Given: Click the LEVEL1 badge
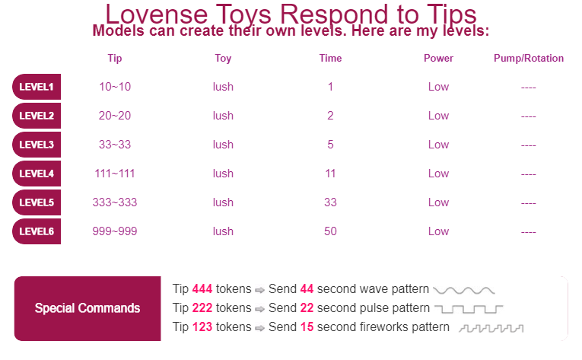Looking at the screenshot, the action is click(37, 87).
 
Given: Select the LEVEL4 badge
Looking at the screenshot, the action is click(37, 174).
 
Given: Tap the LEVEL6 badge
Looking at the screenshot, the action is click(37, 231).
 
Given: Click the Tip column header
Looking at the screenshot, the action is click(115, 59).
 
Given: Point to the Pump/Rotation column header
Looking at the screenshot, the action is click(529, 59).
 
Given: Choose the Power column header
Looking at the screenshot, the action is click(438, 59).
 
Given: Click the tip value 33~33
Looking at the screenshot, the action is click(115, 145).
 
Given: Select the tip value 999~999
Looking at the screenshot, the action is click(115, 231).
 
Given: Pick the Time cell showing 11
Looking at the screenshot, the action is click(330, 174).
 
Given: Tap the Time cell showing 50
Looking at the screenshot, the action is click(330, 231).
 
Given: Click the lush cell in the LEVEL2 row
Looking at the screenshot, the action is click(223, 116).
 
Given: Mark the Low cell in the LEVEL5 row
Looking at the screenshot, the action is click(438, 202).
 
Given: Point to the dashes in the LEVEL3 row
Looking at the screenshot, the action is click(528, 145).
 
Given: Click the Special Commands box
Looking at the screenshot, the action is click(87, 308).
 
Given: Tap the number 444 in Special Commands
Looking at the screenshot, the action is click(202, 288).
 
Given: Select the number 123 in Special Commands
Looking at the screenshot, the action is click(202, 327).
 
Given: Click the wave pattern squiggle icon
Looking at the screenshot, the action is click(464, 291).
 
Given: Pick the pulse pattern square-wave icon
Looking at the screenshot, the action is click(469, 309).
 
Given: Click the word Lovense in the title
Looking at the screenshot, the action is click(156, 14).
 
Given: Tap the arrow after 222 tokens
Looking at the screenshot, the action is click(259, 309).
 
